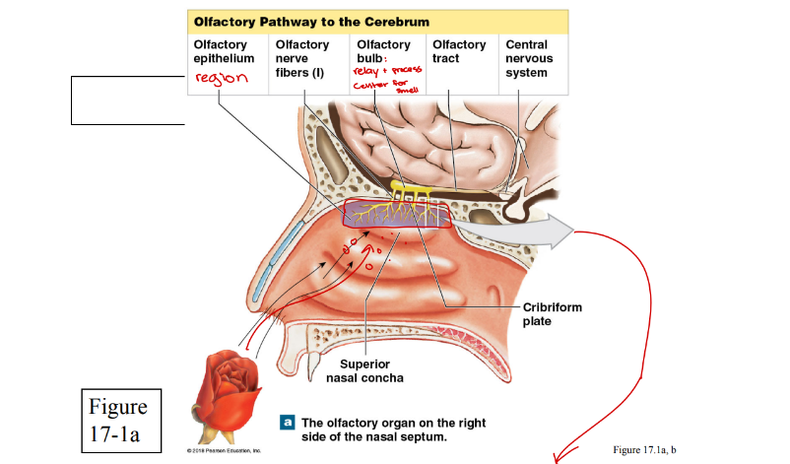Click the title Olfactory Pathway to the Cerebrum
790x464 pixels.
(311, 21)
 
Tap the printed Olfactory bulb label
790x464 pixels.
(383, 51)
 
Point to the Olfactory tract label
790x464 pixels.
(458, 51)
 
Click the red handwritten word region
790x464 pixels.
(219, 79)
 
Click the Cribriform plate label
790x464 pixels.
(553, 314)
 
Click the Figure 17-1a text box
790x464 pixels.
(118, 420)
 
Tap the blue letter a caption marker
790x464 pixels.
(287, 422)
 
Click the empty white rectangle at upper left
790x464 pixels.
(128, 100)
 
